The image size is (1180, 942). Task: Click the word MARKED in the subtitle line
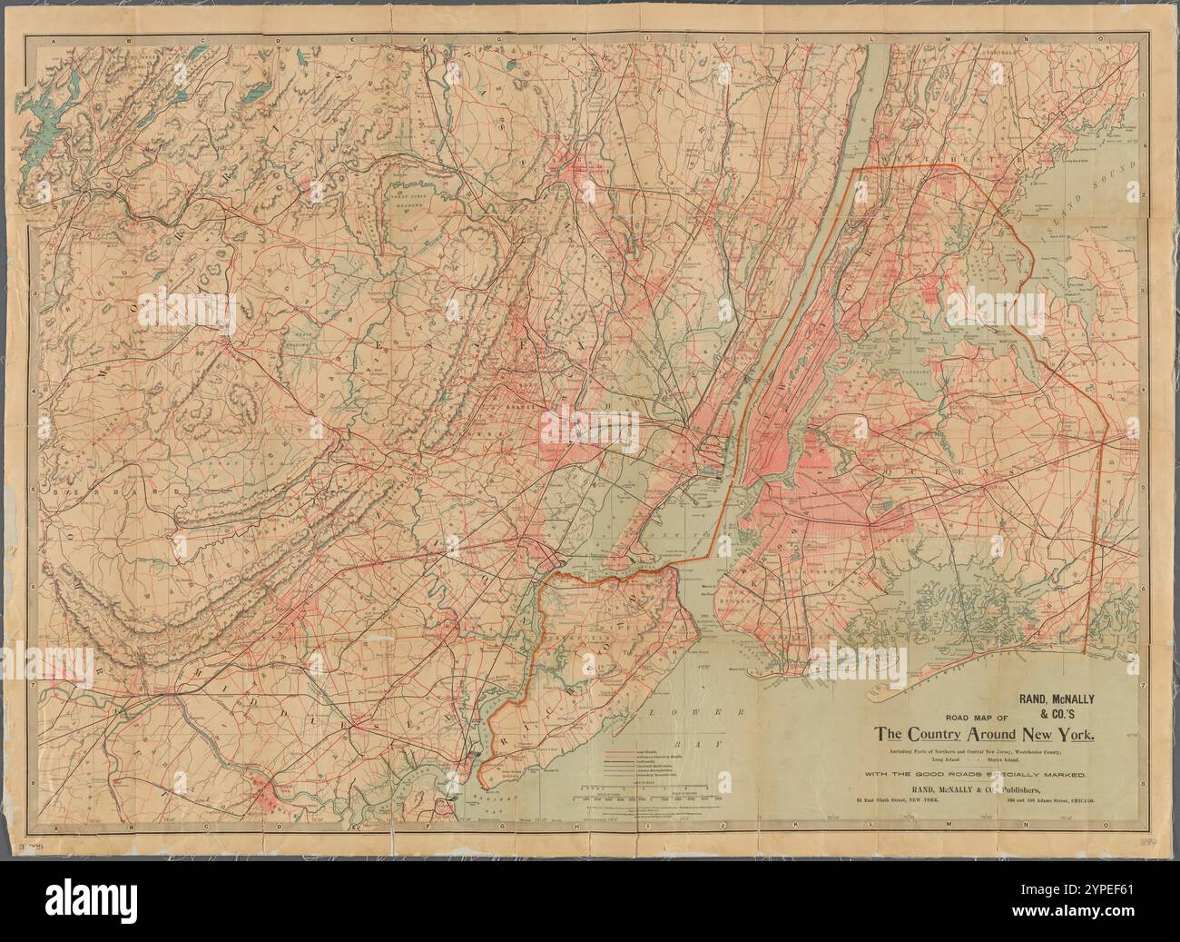coord(1071,773)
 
